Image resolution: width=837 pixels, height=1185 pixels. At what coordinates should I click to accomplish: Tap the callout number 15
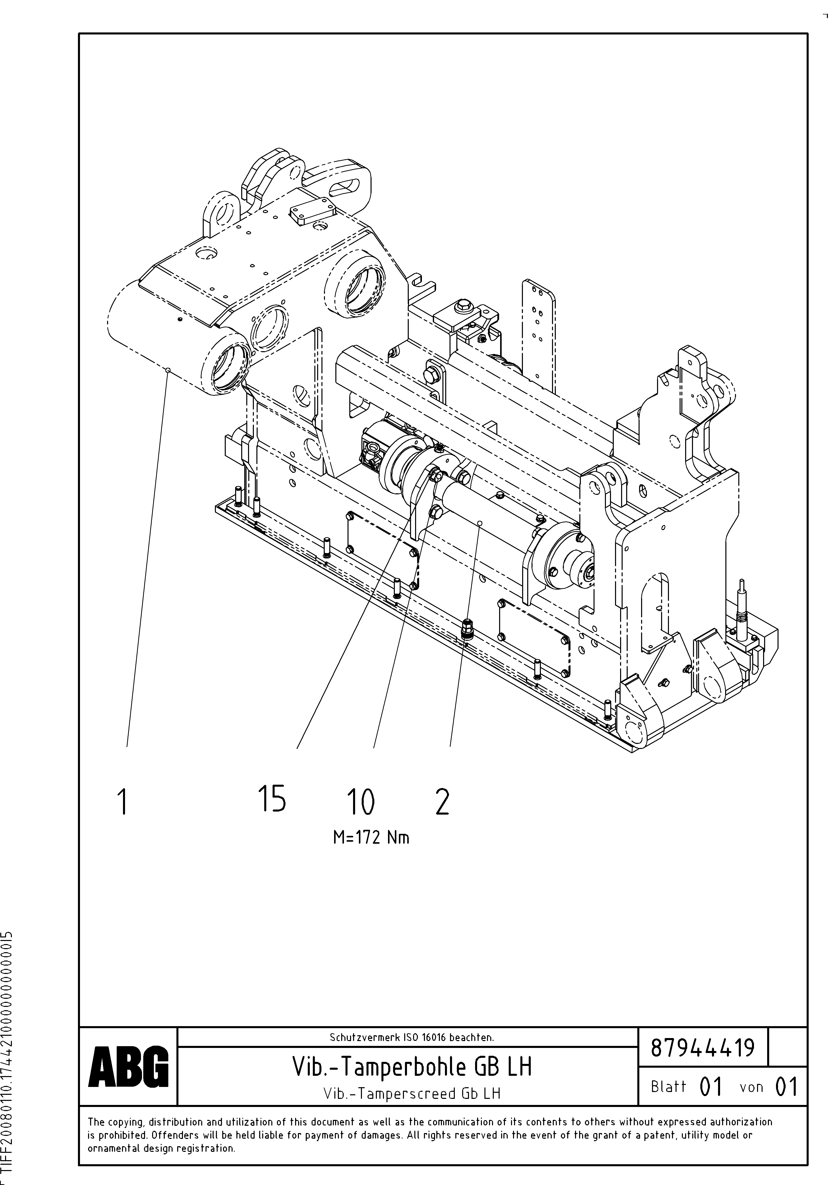(x=271, y=798)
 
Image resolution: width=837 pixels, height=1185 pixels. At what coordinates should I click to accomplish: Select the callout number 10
(x=360, y=803)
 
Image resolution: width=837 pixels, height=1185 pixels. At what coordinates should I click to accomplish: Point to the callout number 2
(x=442, y=803)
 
